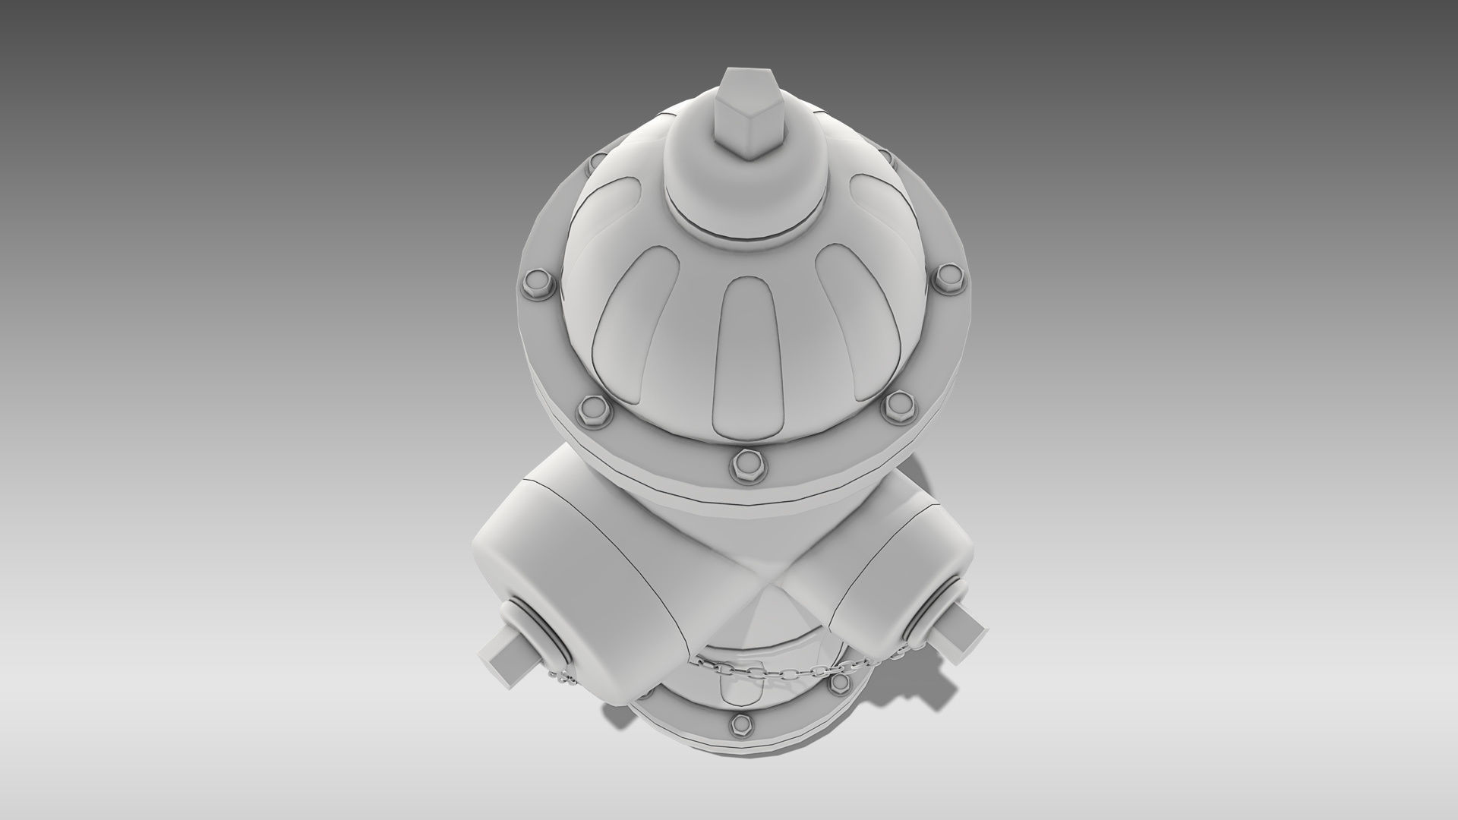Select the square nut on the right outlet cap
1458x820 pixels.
pos(958,613)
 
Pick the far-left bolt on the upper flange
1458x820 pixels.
pos(535,282)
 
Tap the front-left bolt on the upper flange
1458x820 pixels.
pos(591,411)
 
